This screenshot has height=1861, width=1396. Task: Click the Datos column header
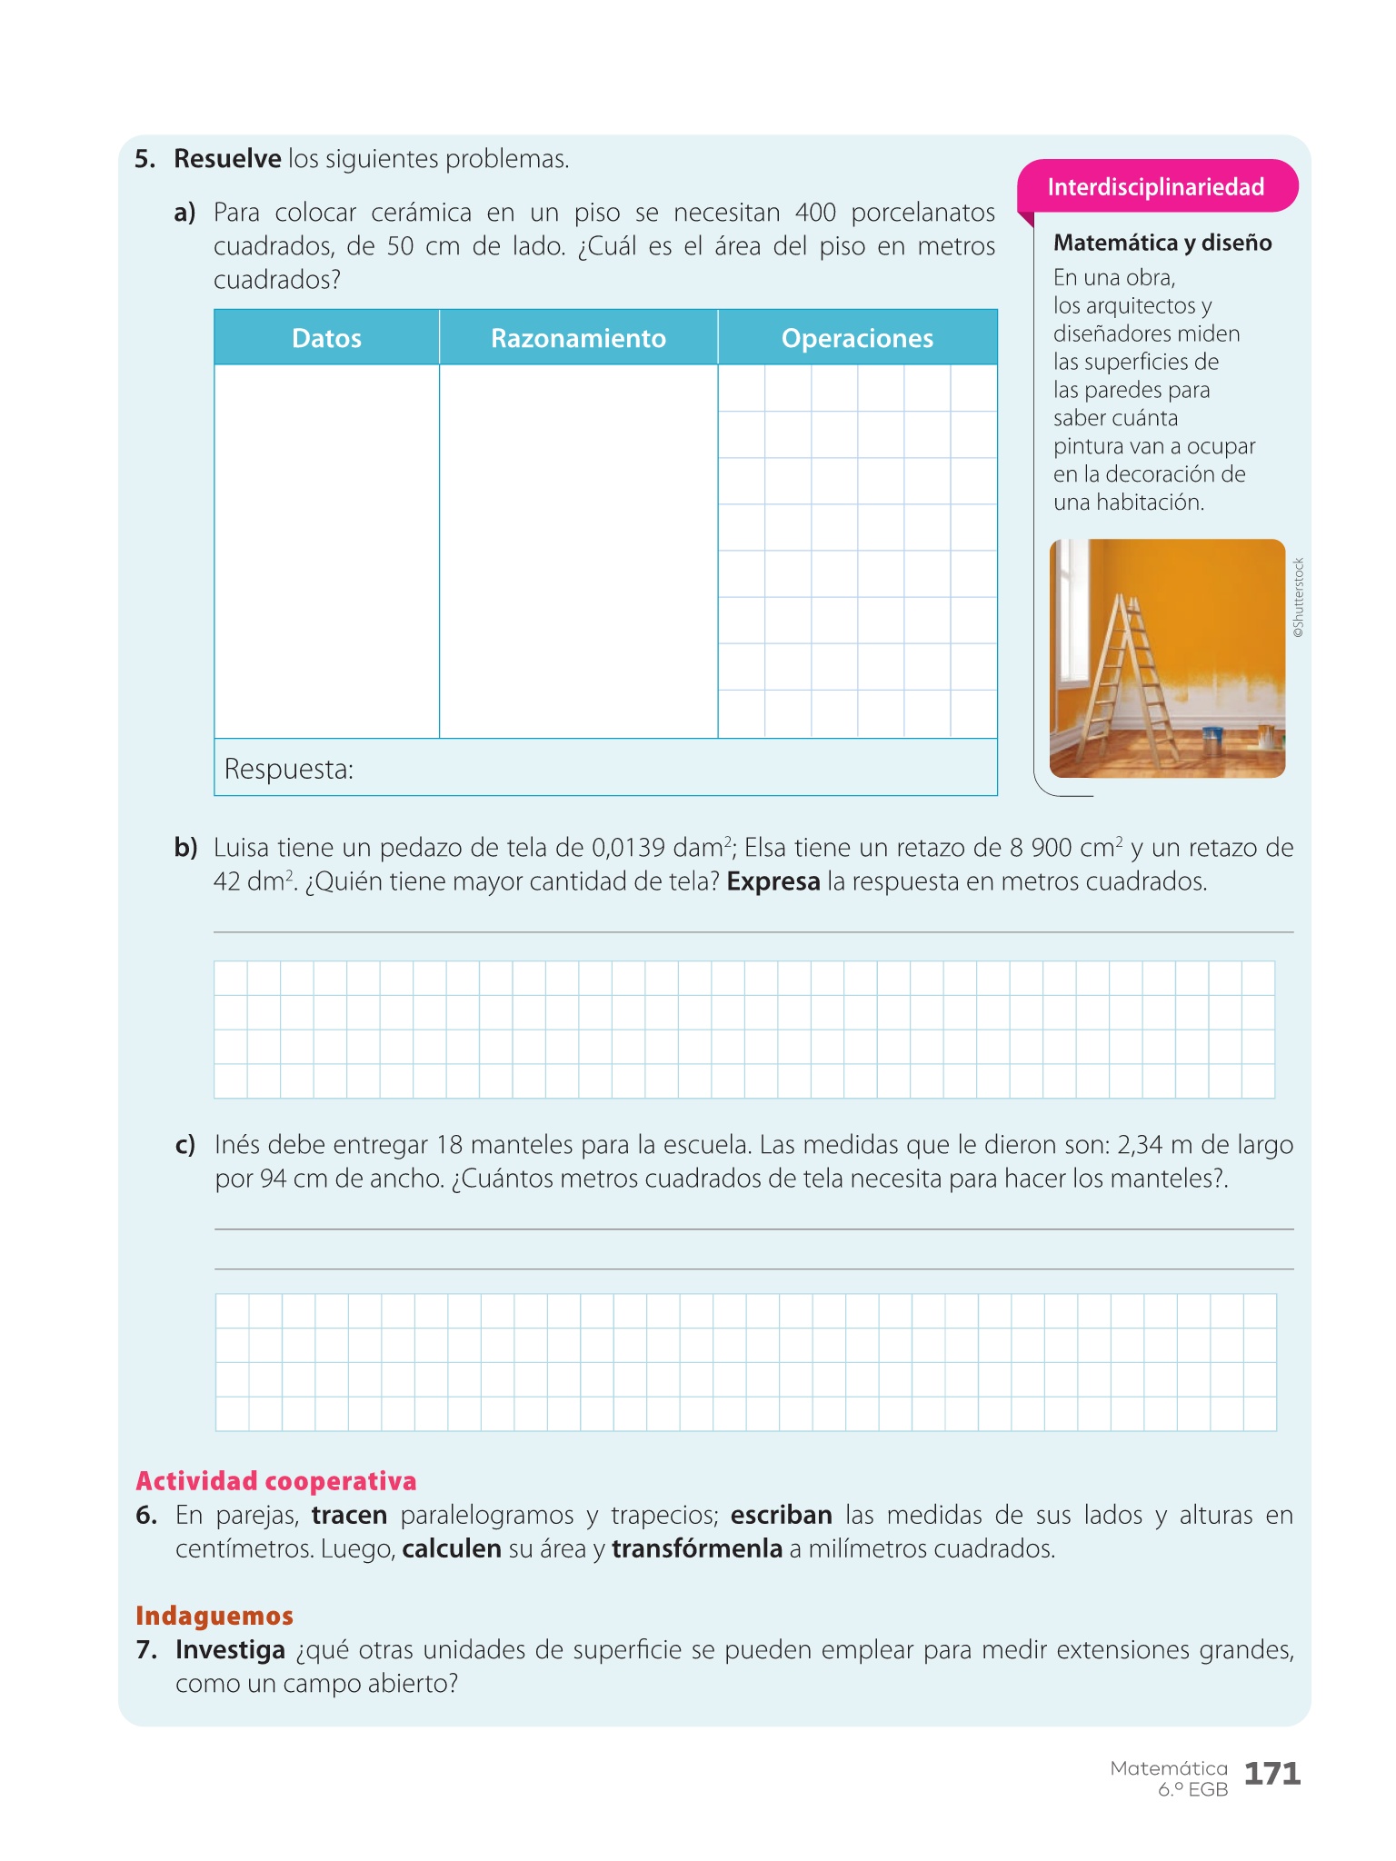click(326, 338)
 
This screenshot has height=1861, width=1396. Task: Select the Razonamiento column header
click(578, 338)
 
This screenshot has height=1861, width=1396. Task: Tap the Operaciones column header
click(857, 338)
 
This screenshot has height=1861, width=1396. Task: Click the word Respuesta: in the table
click(288, 769)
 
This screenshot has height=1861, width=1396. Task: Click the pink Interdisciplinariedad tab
click(1155, 187)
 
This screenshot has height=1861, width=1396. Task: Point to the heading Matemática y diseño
click(1162, 243)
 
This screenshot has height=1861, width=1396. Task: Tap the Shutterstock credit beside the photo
click(1299, 597)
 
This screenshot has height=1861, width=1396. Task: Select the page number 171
click(1271, 1773)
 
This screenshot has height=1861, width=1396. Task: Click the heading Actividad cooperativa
click(275, 1480)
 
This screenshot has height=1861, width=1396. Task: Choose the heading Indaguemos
click(214, 1615)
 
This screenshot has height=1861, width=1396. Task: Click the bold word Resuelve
click(227, 159)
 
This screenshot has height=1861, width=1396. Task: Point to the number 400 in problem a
click(815, 213)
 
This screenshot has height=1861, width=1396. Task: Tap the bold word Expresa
click(773, 881)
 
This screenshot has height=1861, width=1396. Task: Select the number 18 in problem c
click(450, 1145)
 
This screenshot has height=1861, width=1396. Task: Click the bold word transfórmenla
click(697, 1548)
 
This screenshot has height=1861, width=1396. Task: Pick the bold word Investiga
click(230, 1649)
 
